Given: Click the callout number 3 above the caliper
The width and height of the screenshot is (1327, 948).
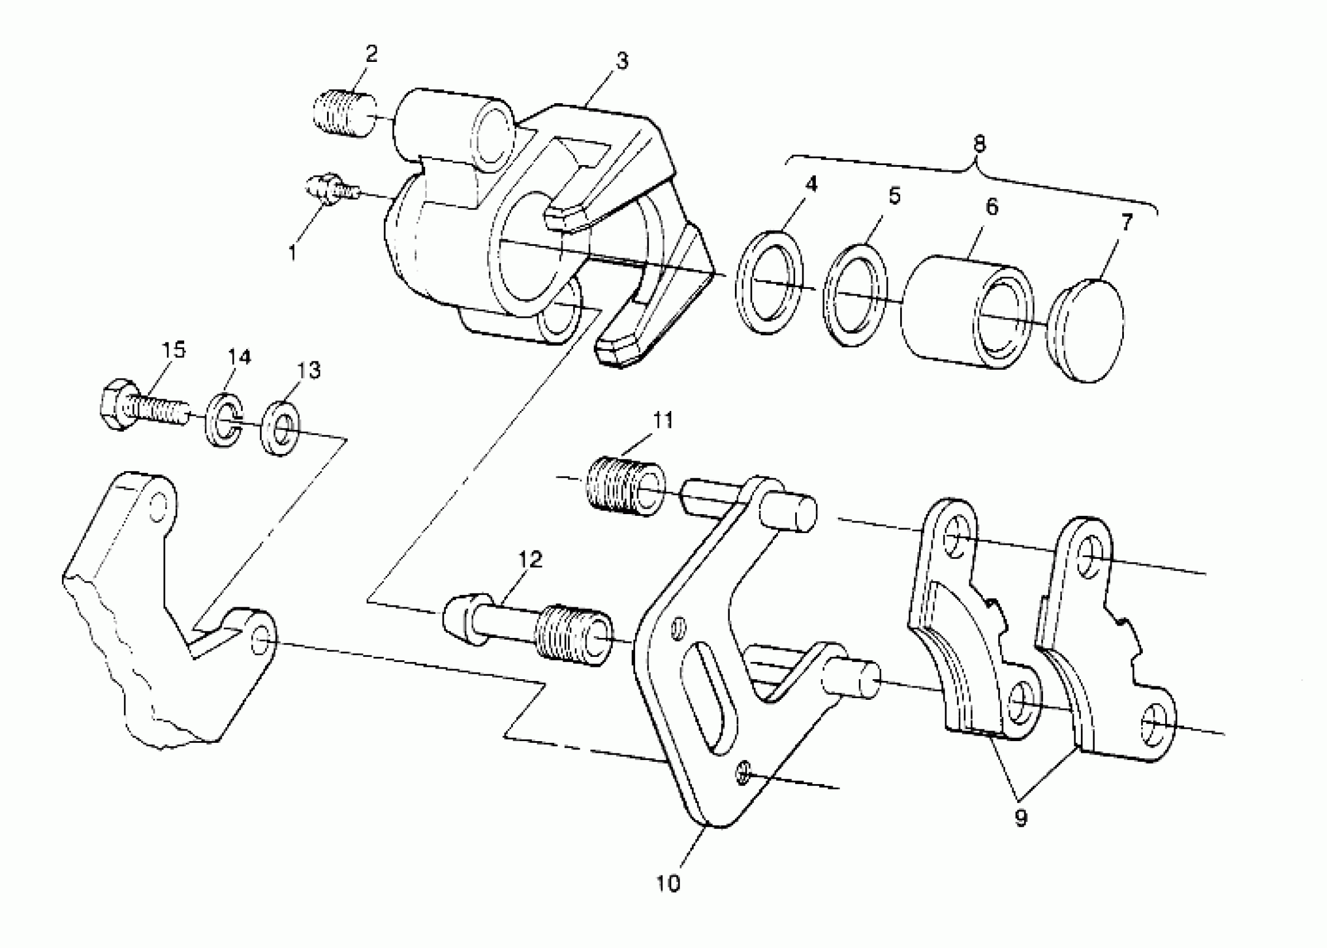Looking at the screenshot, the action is (x=622, y=61).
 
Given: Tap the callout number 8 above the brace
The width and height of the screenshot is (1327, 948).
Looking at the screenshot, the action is (x=979, y=144).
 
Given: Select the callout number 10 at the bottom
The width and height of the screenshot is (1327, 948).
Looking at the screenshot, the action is (x=668, y=884).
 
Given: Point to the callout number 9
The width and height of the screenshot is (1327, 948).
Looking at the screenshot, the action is (x=1021, y=819).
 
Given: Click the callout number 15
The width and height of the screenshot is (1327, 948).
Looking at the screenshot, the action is (x=173, y=350).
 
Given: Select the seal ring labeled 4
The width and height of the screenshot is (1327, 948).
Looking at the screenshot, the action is (x=769, y=283).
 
